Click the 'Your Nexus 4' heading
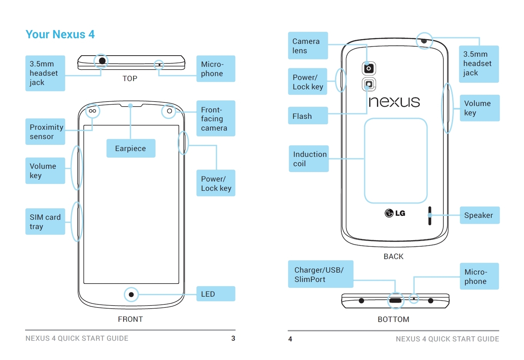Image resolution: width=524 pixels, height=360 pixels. click(x=60, y=34)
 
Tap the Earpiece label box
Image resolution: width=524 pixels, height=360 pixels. click(x=131, y=148)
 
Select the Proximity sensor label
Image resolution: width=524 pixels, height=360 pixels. click(x=45, y=132)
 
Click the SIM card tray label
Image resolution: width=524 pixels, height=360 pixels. click(x=45, y=222)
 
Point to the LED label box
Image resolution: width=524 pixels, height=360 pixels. click(x=215, y=294)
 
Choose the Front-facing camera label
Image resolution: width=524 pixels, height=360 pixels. click(x=215, y=119)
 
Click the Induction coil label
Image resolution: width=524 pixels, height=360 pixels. click(x=309, y=159)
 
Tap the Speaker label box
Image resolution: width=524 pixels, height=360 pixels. click(x=479, y=215)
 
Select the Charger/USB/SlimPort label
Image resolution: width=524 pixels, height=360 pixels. click(x=321, y=274)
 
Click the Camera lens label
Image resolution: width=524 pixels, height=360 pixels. click(x=308, y=46)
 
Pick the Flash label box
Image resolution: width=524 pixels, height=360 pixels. click(x=308, y=116)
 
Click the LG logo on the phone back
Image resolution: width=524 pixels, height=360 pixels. click(x=395, y=213)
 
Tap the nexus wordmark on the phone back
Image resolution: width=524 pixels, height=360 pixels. click(x=394, y=102)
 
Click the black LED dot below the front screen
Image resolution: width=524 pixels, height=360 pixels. click(x=131, y=295)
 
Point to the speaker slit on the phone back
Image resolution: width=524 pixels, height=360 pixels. click(x=429, y=216)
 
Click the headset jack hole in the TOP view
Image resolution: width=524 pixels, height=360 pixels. click(x=102, y=61)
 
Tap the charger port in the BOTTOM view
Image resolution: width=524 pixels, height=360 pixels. click(x=395, y=300)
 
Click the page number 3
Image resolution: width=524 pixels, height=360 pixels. click(x=233, y=338)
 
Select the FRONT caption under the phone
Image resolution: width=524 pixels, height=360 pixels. click(x=130, y=319)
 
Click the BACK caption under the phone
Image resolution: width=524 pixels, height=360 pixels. click(x=393, y=256)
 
